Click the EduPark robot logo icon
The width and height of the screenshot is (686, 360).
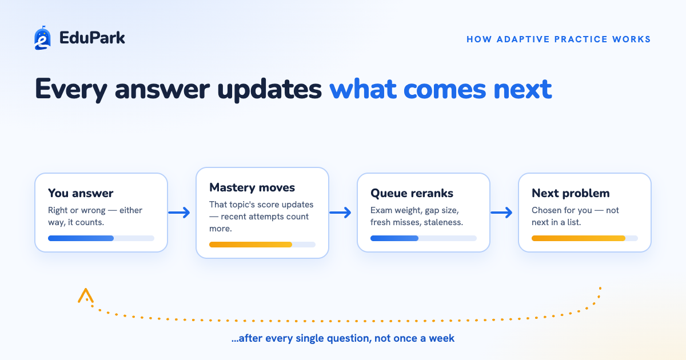click(x=42, y=38)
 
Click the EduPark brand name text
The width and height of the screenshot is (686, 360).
click(x=92, y=38)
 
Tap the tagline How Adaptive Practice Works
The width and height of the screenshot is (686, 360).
click(x=559, y=39)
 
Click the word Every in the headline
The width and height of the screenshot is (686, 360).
click(x=71, y=89)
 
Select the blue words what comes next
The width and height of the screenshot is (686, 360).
click(x=440, y=89)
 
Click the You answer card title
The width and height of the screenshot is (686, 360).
click(x=81, y=193)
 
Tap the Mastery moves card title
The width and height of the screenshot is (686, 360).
click(x=252, y=187)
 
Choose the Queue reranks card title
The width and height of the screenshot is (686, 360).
click(x=412, y=193)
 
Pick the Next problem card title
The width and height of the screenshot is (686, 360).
click(x=571, y=193)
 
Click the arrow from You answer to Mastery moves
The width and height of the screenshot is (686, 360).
click(x=179, y=213)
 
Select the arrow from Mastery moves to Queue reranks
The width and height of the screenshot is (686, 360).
click(x=340, y=213)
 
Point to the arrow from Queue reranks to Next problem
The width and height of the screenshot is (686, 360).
click(x=501, y=213)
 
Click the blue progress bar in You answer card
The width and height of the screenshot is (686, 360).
click(x=81, y=238)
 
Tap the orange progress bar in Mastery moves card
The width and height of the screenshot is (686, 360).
click(x=250, y=245)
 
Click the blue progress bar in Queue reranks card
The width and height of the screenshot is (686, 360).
click(x=394, y=238)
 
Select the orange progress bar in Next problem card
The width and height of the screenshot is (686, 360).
click(x=579, y=238)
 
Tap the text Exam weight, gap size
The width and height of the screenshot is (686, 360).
click(x=414, y=210)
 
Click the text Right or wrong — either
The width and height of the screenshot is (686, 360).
click(x=95, y=210)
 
